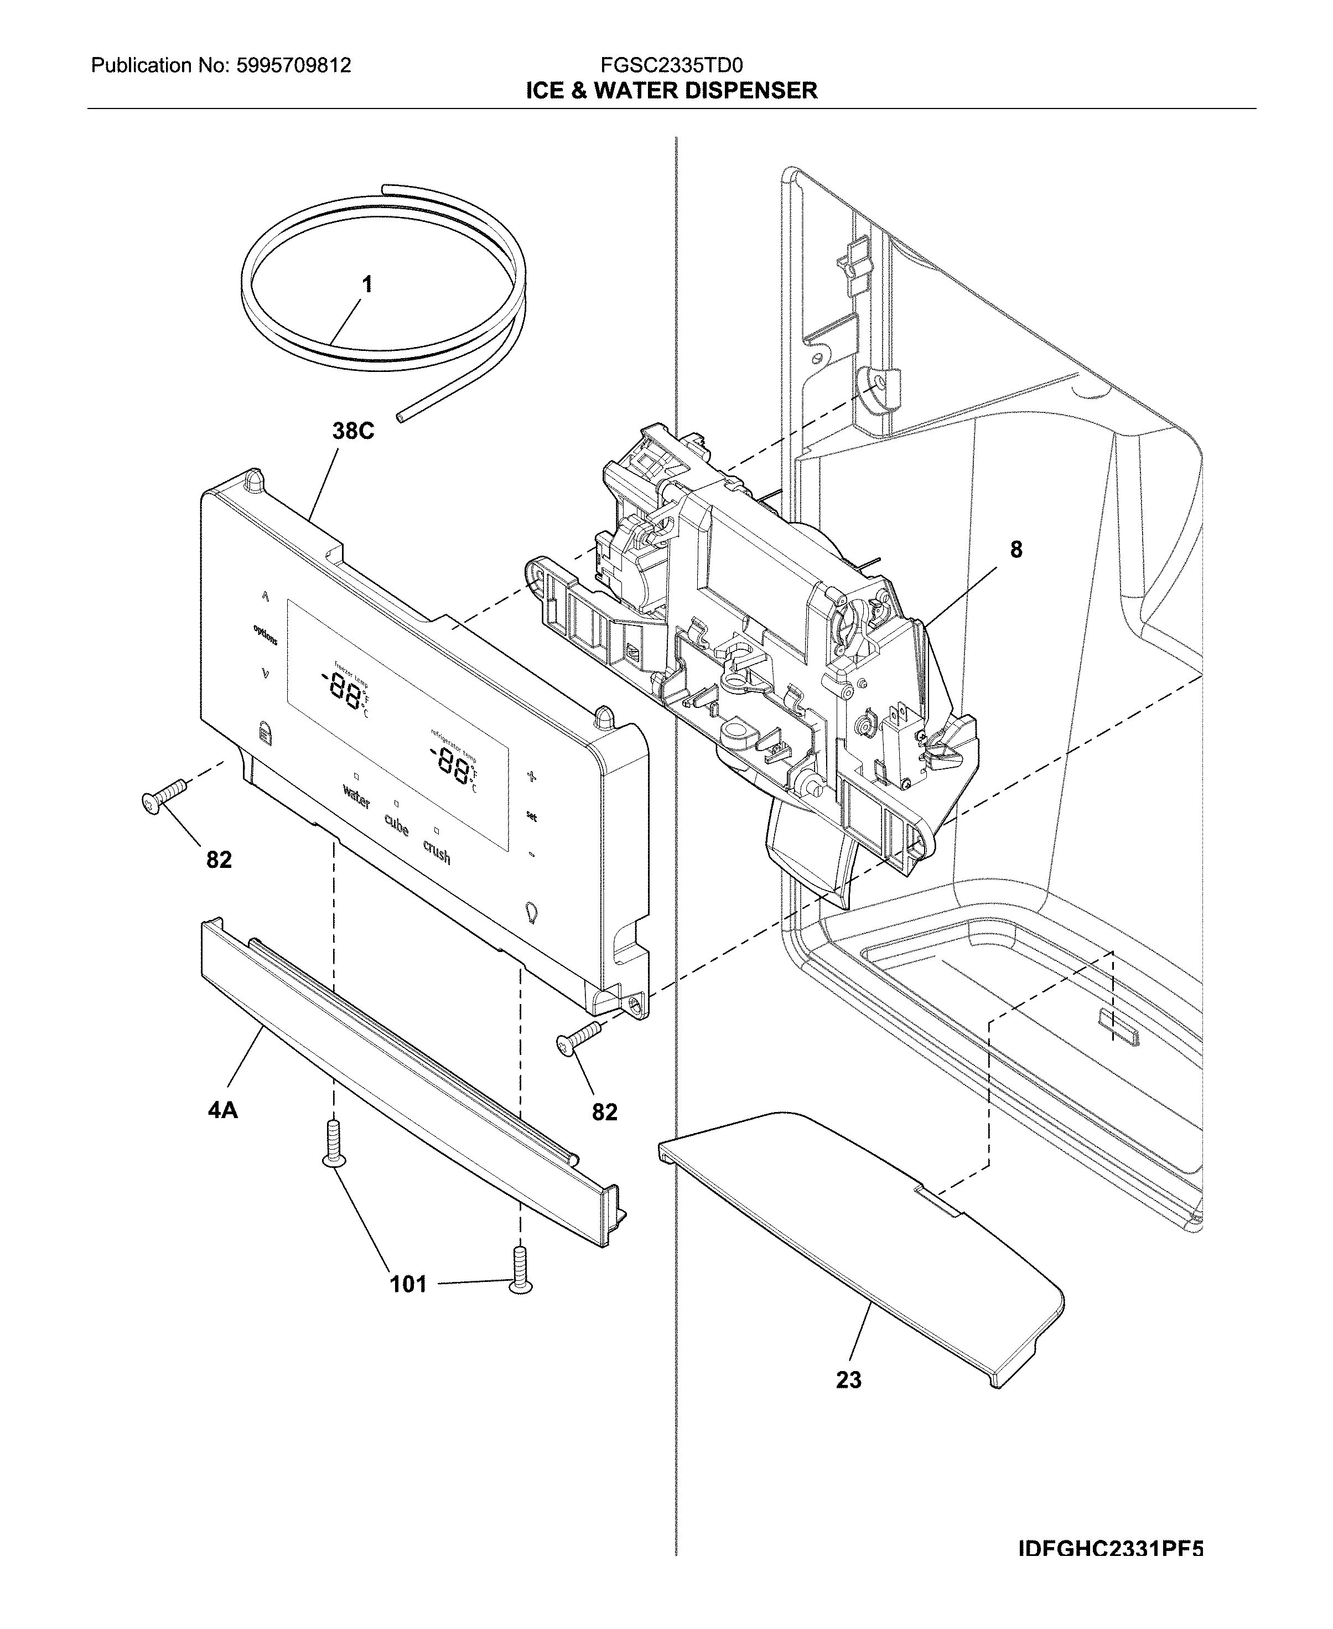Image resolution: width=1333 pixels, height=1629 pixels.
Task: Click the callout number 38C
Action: coord(352,432)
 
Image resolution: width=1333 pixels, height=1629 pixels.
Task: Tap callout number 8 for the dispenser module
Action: coord(1016,549)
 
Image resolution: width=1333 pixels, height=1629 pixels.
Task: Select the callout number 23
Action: coord(848,1380)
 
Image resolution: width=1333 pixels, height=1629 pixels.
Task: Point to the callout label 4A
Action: coord(222,1110)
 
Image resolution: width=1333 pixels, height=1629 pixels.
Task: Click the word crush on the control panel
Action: coord(436,852)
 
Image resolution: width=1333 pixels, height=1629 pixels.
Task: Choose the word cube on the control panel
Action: coord(396,826)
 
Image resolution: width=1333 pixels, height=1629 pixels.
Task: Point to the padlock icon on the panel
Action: coord(264,733)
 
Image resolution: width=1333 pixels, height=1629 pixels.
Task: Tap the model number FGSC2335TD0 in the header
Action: coord(671,65)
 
